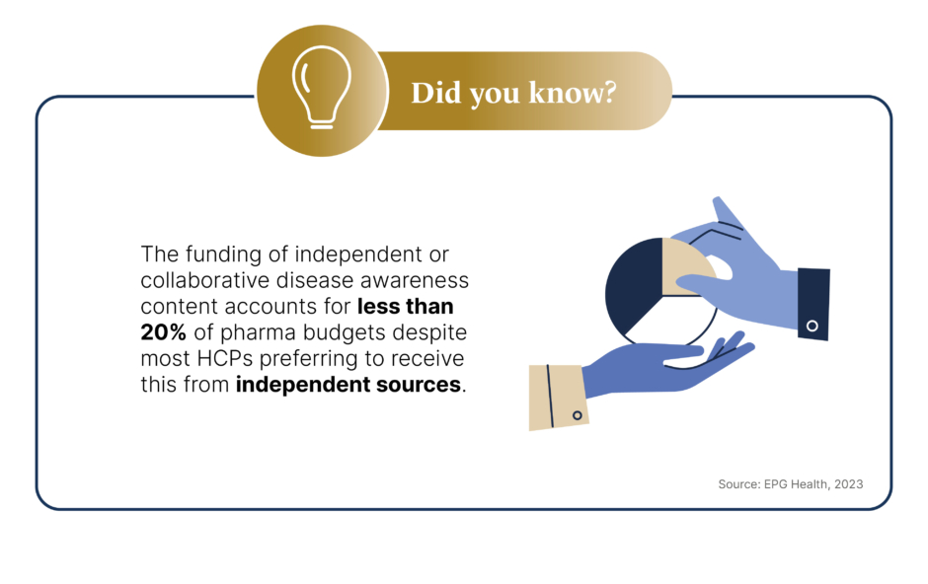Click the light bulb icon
pos(322,88)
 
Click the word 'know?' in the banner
pos(573,93)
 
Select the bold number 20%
pos(163,332)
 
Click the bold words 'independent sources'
pos(348,384)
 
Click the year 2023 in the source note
pos(849,484)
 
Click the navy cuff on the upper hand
pos(813,304)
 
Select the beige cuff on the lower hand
pos(558,398)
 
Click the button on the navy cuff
pos(812,326)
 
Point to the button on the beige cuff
pos(578,415)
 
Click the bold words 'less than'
pos(406,306)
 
